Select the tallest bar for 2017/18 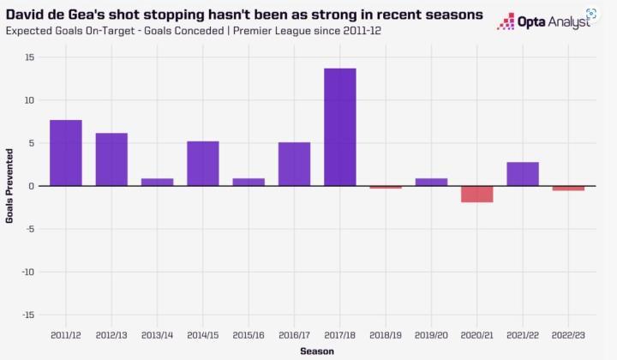click(340, 127)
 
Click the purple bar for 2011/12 click(66, 153)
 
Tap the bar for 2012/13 click(111, 159)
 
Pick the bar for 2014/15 click(203, 164)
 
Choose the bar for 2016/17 click(294, 164)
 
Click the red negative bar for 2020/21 click(476, 194)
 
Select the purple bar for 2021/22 click(523, 174)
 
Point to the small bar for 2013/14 click(157, 182)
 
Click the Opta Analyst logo click(543, 21)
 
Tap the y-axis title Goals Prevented click(9, 186)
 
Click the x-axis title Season click(317, 351)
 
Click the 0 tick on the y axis click(31, 186)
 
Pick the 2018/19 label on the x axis click(386, 333)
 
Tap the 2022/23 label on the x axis click(568, 333)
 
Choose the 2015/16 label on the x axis click(249, 333)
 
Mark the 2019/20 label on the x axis click(431, 333)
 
